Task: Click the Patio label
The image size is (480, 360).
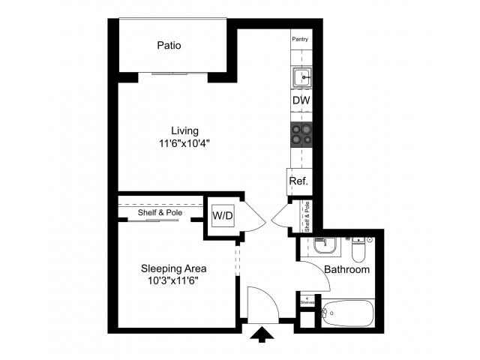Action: click(169, 46)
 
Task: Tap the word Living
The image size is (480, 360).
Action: click(184, 130)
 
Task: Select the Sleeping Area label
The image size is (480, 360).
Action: click(174, 268)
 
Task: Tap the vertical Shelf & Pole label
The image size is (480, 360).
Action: click(307, 216)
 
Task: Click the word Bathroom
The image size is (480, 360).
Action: click(346, 269)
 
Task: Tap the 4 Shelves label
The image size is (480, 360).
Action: click(306, 299)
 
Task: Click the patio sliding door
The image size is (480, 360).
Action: click(180, 73)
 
